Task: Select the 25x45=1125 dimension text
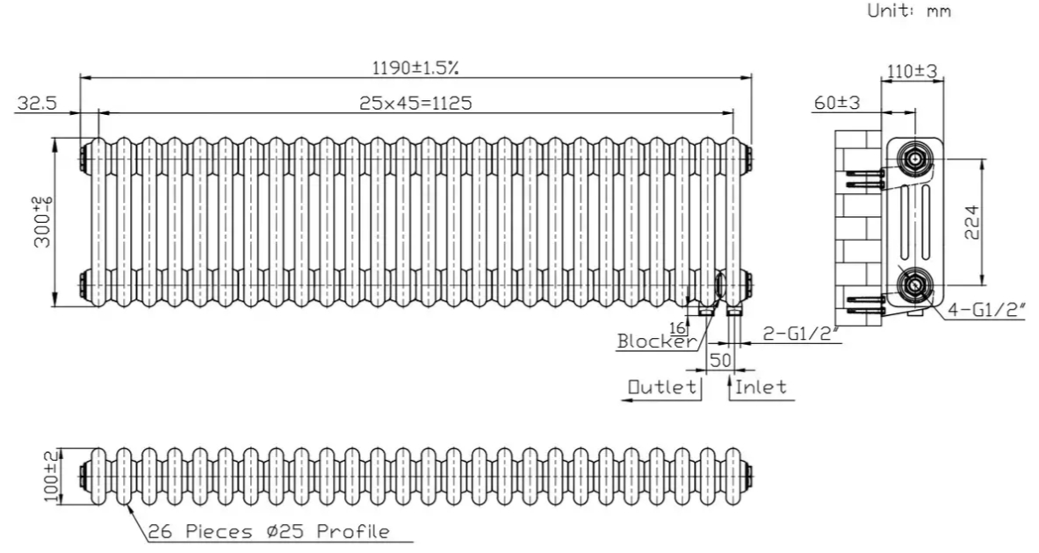415,103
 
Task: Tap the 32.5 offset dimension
37,103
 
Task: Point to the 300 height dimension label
43,222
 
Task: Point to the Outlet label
662,387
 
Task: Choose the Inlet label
761,387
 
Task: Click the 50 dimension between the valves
720,360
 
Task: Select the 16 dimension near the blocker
677,327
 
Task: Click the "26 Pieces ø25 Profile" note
268,531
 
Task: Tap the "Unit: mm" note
909,11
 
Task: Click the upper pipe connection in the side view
913,159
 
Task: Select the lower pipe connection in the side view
913,284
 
